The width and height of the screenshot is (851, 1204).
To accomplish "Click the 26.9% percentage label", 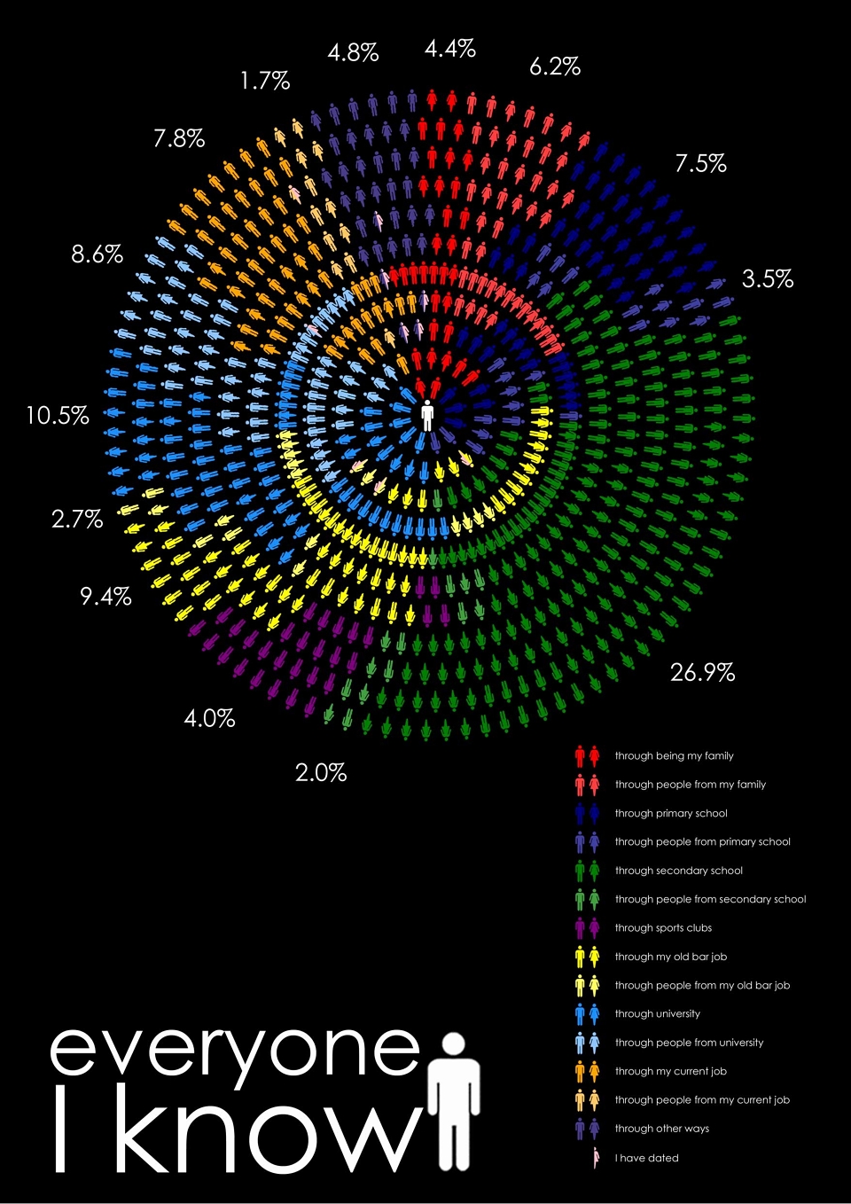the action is coord(702,672).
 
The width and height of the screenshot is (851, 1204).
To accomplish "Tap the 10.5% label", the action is coord(58,416).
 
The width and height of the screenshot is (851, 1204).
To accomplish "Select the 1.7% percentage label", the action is coord(265,81).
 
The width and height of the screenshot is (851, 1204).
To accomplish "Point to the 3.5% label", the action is coord(767,279).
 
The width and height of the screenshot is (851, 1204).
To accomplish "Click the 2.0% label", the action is coord(321,773).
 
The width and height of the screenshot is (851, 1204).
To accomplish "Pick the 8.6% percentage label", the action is coord(97,254).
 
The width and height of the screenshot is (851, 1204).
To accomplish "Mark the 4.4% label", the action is coord(450,49).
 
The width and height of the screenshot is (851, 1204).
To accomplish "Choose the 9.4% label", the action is coord(105,596).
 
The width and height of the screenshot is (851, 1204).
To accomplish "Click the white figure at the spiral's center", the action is coord(427,416).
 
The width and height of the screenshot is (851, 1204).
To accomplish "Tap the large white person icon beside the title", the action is coord(455,1101).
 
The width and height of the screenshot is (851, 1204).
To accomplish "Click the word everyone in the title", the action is coord(235,1053).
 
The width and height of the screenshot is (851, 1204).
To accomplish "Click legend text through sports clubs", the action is coord(663,927).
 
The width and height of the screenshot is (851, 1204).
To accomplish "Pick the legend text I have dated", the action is coord(646,1158).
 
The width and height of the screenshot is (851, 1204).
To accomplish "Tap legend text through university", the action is coord(657,1013).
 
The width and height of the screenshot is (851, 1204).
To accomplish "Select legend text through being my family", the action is coord(674,755).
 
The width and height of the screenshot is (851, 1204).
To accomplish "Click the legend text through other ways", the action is coord(662,1129).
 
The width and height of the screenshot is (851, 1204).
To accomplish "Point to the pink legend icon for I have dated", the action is coord(596,1158).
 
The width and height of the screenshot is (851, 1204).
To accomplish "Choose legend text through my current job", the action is coord(670,1071).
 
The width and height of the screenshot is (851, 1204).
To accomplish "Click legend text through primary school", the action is coord(671,813).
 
